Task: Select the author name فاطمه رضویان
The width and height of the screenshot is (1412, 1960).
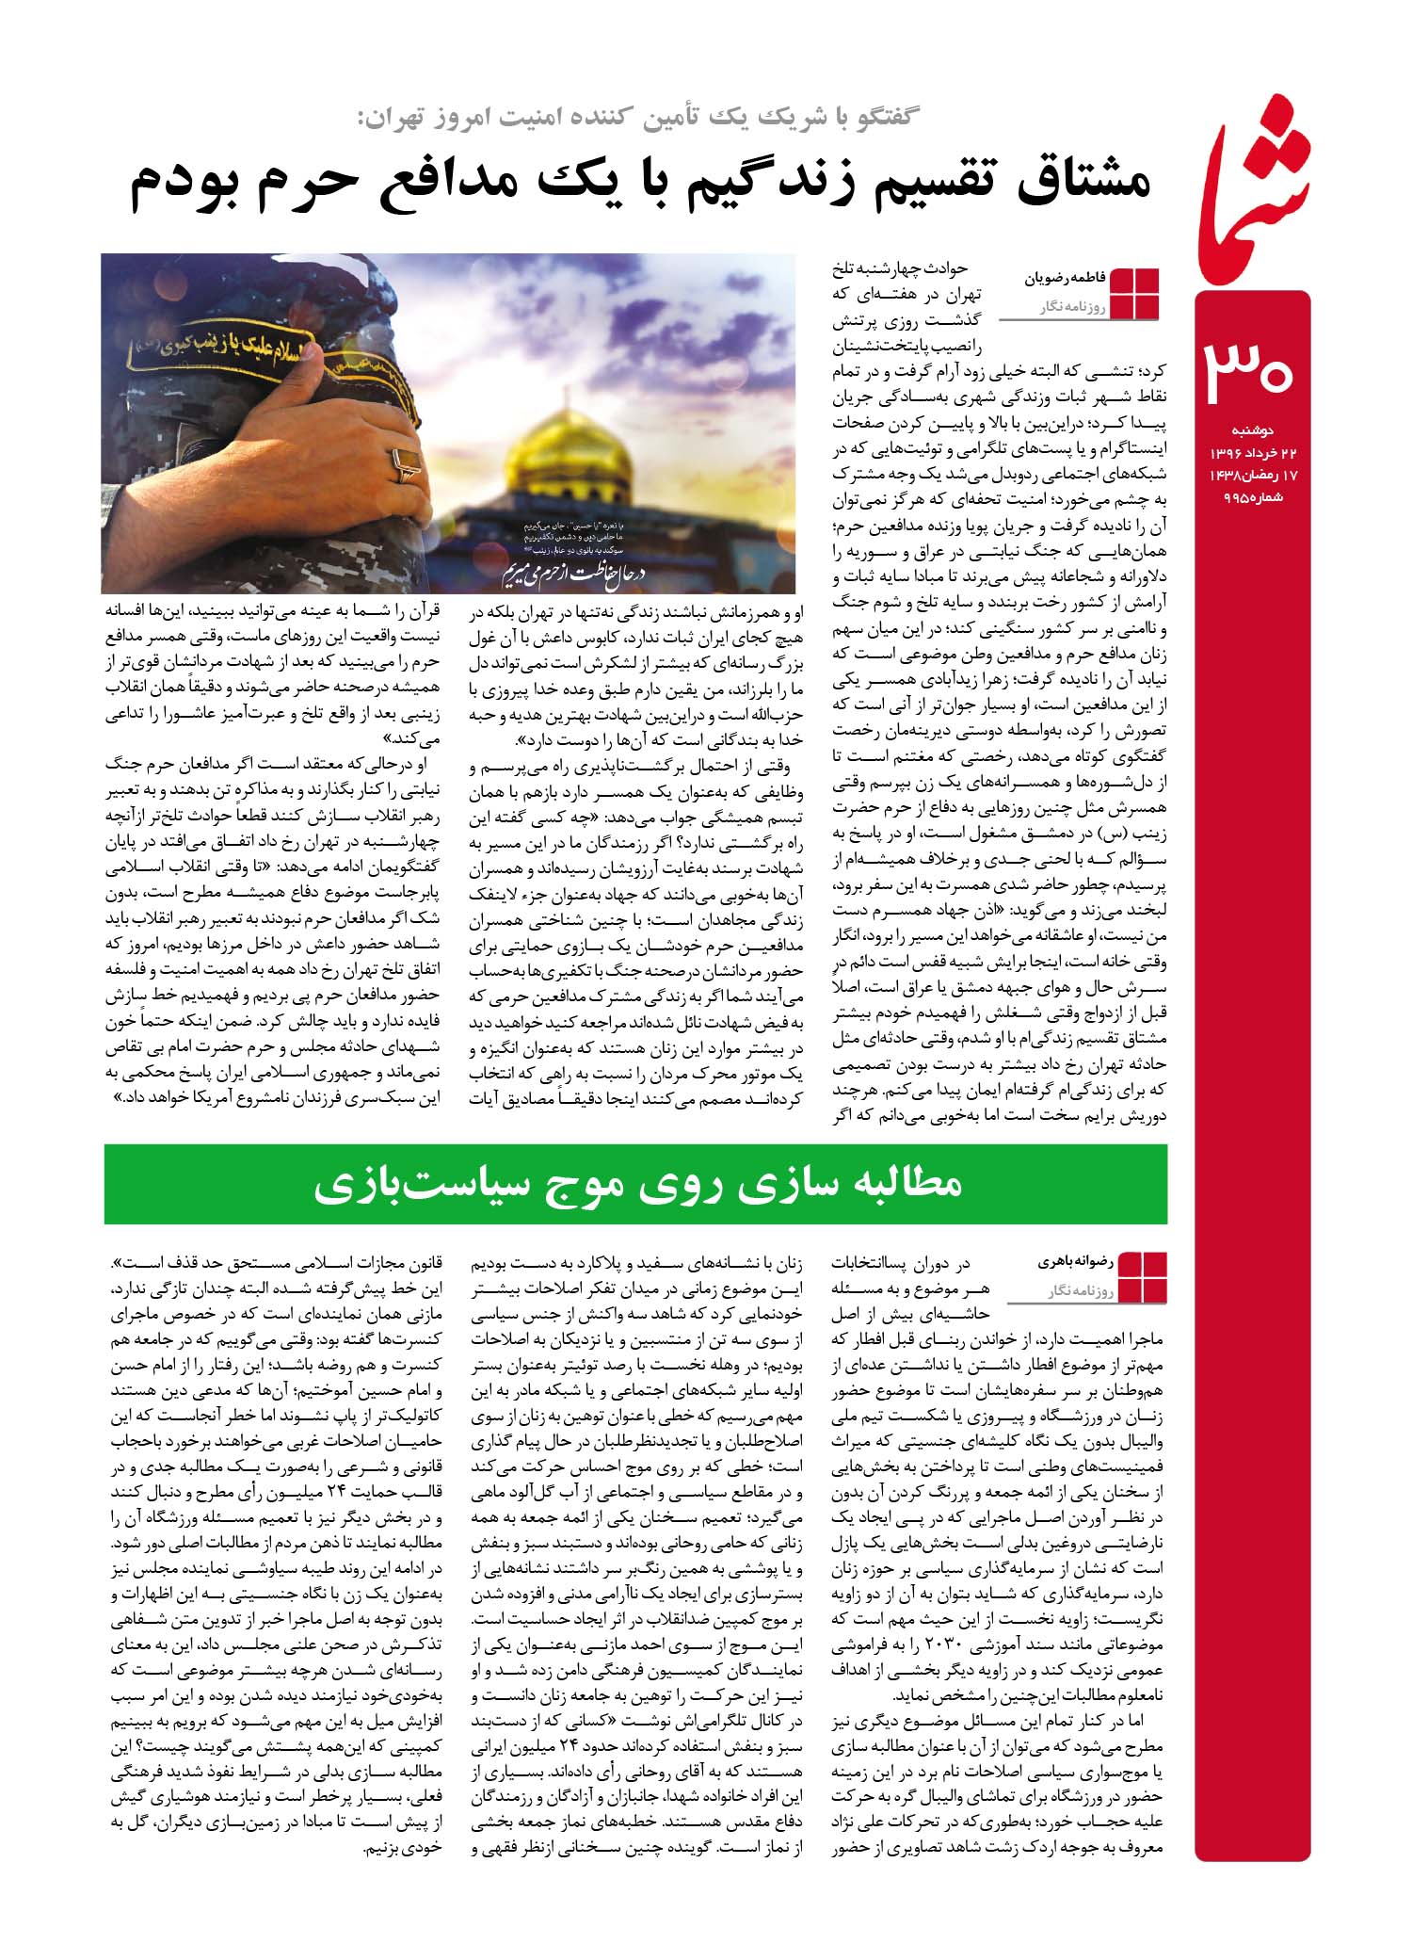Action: point(1062,280)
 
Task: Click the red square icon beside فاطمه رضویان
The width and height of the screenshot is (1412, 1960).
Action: point(1135,293)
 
